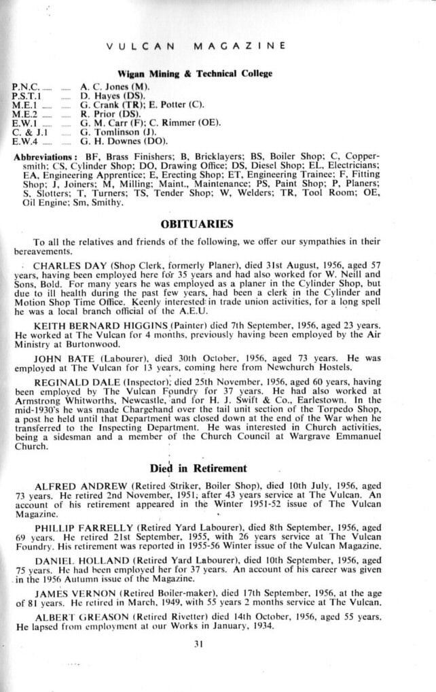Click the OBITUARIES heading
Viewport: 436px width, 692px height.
pos(197,224)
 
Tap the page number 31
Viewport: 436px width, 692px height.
pos(198,644)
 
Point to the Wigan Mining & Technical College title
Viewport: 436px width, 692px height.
pos(195,73)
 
